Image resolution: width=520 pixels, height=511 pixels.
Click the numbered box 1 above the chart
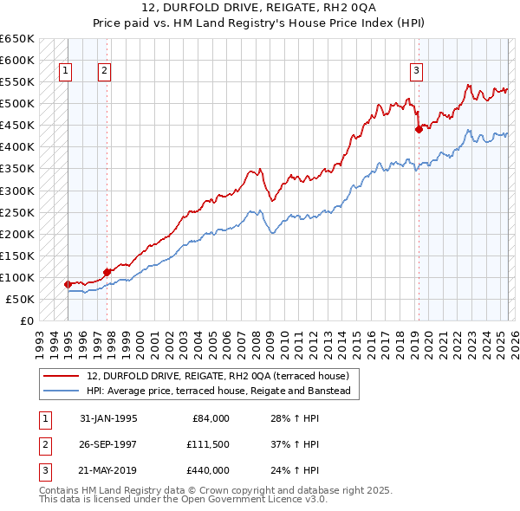click(66, 72)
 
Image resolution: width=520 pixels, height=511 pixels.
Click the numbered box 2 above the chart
click(104, 72)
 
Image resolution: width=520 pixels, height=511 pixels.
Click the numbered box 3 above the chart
click(417, 72)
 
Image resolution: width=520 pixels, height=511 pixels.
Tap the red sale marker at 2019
click(419, 129)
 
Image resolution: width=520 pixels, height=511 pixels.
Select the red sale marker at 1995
click(68, 283)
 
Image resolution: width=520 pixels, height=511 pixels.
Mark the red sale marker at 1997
click(107, 271)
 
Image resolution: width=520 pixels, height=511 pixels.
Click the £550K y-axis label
click(17, 82)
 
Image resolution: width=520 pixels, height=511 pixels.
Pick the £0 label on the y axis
click(27, 320)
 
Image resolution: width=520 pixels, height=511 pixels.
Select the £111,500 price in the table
click(208, 444)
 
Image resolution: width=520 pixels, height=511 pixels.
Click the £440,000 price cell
click(208, 470)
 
